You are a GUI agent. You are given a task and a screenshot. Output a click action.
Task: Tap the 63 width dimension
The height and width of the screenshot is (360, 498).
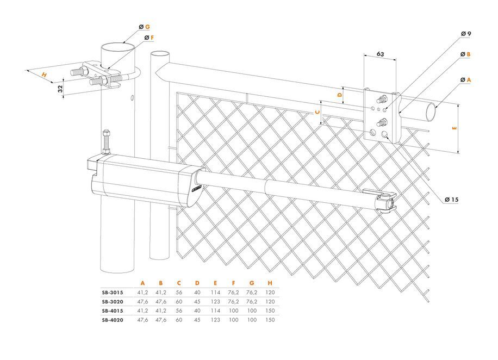coord(381,54)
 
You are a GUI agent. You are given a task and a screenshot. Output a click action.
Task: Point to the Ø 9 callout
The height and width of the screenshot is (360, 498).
coord(465,34)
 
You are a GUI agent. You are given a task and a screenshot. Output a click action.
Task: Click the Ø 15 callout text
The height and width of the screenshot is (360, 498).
coord(451,200)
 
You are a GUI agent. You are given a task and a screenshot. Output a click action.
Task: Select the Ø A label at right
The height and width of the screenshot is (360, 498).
coord(465,79)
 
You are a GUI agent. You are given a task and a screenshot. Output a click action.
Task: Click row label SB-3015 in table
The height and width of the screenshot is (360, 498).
coord(113,292)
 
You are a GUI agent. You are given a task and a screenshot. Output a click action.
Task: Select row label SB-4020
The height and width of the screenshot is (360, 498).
coord(113,320)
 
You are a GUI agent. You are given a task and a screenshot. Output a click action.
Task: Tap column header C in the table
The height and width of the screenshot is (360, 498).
coord(179,283)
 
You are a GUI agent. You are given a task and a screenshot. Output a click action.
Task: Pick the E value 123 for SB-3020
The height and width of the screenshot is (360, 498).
coord(216,301)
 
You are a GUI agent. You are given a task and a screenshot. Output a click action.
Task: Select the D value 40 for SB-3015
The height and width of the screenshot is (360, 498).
coord(197,292)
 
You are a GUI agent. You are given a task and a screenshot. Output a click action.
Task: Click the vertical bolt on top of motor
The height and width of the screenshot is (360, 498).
coord(105,141)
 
